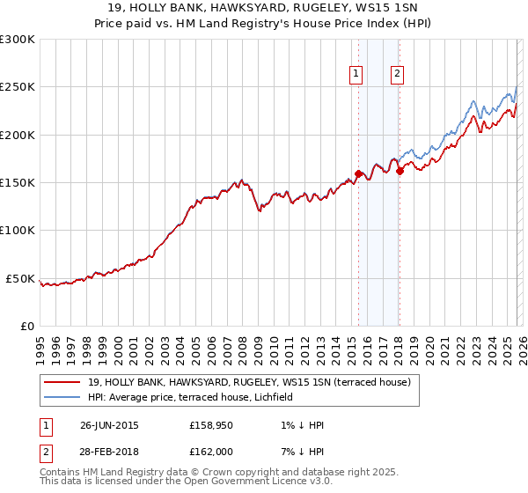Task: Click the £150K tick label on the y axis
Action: point(17,182)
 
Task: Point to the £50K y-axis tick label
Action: point(19,278)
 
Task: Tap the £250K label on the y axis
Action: point(17,87)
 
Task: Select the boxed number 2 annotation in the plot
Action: point(398,75)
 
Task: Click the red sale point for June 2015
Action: point(358,173)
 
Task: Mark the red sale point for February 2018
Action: point(400,171)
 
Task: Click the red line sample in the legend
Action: point(62,382)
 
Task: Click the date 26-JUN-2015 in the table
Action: point(109,425)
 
